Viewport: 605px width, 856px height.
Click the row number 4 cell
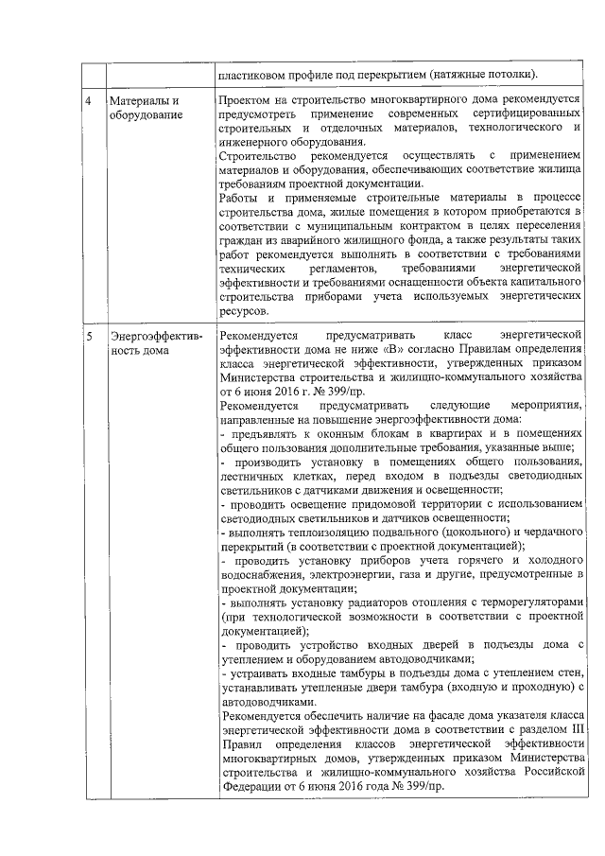pos(89,100)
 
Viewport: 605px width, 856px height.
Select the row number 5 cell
pos(89,337)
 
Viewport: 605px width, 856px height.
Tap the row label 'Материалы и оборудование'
pos(144,107)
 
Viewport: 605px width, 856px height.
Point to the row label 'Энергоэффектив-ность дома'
pos(143,344)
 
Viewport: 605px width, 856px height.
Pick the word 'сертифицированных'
pos(524,114)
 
